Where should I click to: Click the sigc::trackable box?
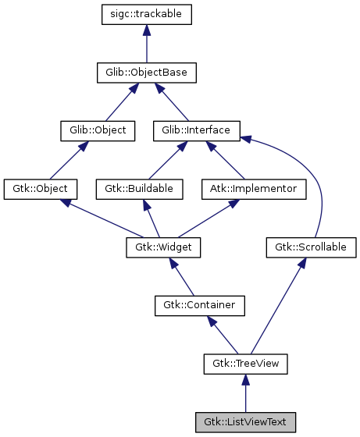147,14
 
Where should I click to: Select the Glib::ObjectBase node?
147,73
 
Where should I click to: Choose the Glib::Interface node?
196,130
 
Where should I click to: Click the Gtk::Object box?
40,189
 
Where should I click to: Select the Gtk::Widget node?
164,247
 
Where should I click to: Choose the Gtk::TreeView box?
246,364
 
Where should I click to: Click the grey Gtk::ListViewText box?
246,422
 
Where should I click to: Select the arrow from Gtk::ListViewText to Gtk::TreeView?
246,393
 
